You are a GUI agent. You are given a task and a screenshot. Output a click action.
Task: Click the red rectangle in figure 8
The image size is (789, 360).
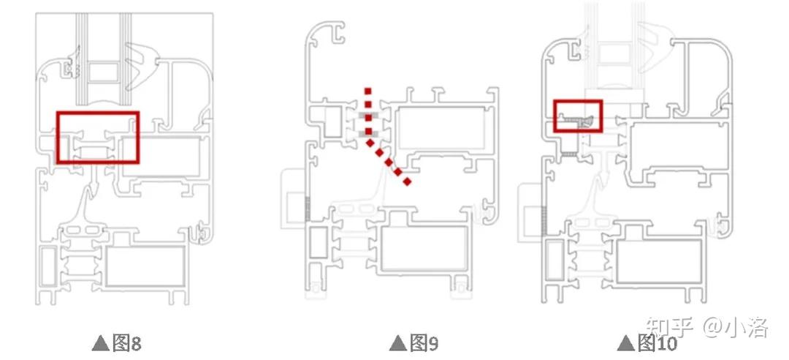pos(98,113)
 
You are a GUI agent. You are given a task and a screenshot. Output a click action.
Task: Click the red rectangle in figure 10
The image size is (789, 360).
pos(577,102)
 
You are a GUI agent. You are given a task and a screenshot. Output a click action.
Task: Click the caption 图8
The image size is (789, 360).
pos(126,342)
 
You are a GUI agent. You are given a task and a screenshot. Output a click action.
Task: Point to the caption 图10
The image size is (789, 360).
pos(657,342)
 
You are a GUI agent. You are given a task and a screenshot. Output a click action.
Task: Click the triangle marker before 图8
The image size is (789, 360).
pos(100,342)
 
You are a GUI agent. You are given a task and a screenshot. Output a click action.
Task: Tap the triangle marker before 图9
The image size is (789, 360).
pos(397,342)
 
